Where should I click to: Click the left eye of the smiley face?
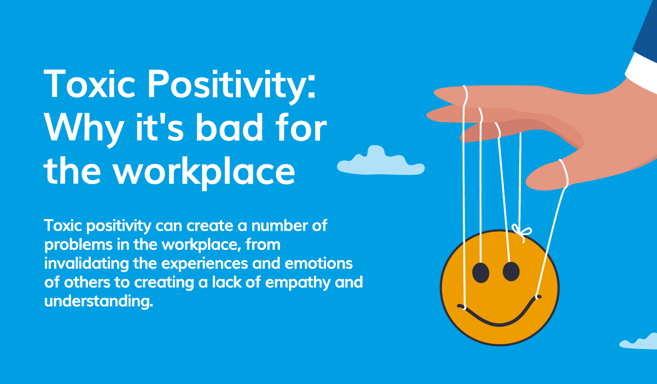(x=480, y=272)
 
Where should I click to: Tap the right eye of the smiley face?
(x=511, y=271)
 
